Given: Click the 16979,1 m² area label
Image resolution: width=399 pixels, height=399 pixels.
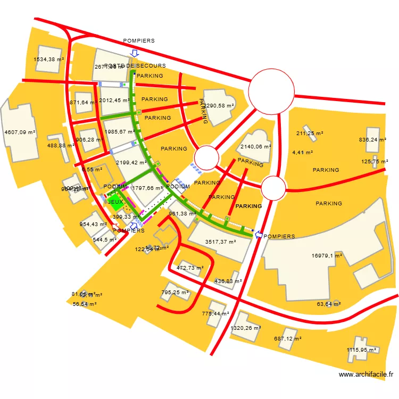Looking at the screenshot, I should [x=327, y=256].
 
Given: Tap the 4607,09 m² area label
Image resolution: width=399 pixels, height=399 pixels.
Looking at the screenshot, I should [x=19, y=132].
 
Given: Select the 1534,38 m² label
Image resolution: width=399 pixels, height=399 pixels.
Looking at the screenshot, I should [x=48, y=60].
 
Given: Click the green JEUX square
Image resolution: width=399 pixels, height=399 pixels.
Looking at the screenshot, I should [x=115, y=202].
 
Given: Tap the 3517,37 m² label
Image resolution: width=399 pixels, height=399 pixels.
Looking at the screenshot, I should [x=220, y=242].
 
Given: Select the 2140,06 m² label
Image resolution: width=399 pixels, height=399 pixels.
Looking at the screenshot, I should [x=256, y=146].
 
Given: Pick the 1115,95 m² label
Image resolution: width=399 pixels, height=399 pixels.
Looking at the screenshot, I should [x=361, y=350].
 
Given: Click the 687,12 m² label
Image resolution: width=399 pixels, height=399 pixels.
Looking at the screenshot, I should [x=287, y=339].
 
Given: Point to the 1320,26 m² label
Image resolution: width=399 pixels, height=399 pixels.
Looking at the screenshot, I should [x=245, y=328].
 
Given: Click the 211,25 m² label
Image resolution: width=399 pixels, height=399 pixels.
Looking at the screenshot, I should [x=310, y=134].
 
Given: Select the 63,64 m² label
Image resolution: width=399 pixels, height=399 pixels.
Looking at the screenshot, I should [x=328, y=304].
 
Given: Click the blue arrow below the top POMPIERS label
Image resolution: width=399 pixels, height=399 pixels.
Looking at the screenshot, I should [x=135, y=53].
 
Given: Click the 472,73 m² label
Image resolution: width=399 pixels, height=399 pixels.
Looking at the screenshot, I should [x=190, y=268].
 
